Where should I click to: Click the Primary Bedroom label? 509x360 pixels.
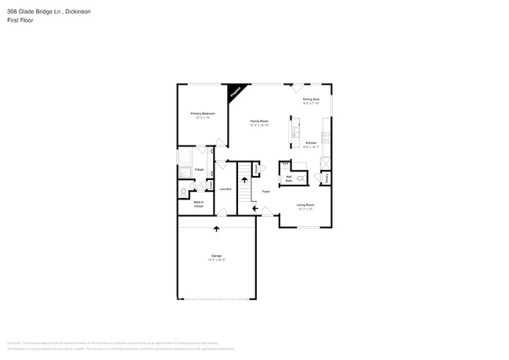[202, 113]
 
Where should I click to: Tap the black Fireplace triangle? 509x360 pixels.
[234, 92]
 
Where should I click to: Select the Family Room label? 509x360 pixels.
[259, 121]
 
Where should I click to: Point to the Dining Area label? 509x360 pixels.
[312, 99]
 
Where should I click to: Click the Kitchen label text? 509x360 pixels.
[311, 143]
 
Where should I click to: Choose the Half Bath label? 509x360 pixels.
[288, 178]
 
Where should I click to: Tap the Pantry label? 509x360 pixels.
[326, 178]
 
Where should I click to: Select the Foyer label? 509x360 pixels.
[266, 190]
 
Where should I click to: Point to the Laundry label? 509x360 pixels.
[225, 189]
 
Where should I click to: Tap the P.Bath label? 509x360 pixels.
[200, 170]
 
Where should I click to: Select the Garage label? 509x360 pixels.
[216, 256]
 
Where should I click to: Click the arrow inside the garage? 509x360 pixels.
[216, 229]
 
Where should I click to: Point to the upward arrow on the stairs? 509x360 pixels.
[244, 180]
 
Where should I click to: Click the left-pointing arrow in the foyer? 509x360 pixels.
[254, 207]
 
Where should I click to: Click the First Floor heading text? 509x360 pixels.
[20, 21]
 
